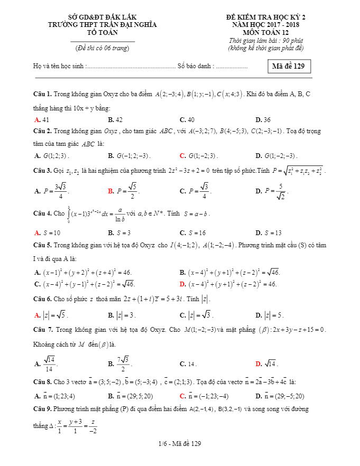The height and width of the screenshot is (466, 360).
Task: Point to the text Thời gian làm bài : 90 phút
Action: [x=266, y=41]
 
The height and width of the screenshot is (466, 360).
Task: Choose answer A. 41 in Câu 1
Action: [x=42, y=120]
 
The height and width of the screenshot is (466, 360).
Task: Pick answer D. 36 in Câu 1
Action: [x=263, y=120]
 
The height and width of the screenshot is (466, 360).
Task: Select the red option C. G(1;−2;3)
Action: [x=199, y=156]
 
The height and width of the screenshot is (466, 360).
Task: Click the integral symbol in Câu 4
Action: [x=69, y=214]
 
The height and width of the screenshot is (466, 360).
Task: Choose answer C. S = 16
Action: [x=192, y=232]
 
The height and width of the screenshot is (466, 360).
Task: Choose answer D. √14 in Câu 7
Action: [x=266, y=364]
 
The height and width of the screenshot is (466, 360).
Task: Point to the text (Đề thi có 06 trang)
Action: [x=102, y=48]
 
